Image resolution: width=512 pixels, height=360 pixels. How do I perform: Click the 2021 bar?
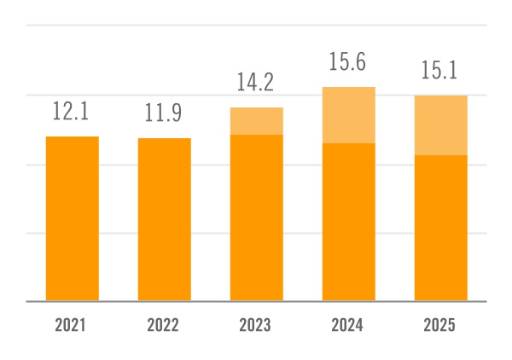pos(73,218)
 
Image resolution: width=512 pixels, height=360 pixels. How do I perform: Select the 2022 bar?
pos(165,219)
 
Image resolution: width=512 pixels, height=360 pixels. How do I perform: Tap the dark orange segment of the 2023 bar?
pos(257,218)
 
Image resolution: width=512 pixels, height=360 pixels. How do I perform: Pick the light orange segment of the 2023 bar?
pos(257,121)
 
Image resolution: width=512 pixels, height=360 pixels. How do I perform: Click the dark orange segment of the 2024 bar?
pos(349,222)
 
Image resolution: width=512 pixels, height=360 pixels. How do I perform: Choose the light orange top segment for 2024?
pos(349,115)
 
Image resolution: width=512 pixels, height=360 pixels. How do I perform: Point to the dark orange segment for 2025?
pos(441,228)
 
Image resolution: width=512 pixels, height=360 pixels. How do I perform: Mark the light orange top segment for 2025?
pos(441,125)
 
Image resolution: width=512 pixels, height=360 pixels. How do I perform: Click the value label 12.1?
pos(73,112)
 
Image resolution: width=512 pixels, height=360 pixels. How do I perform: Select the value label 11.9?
pos(165,113)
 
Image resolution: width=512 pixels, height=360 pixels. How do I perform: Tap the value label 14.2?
pos(257,83)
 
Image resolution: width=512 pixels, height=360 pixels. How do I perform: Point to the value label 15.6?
pos(349,62)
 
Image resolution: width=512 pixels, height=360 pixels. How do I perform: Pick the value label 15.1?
pos(441,71)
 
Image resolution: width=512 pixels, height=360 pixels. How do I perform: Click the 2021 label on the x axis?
pos(73,325)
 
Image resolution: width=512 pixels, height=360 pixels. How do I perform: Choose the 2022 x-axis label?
pos(165,325)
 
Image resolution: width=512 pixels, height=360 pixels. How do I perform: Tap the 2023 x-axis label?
pos(257,325)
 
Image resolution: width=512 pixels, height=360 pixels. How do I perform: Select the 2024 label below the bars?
pos(349,325)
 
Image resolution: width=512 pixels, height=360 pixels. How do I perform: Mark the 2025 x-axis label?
pos(441,325)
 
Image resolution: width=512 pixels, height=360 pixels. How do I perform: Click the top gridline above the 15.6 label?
pos(256,26)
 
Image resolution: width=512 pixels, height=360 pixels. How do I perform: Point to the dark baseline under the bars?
pos(256,301)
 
